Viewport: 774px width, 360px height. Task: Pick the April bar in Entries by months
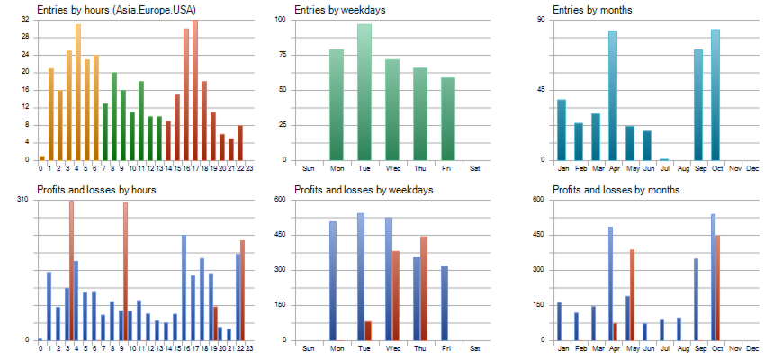point(613,95)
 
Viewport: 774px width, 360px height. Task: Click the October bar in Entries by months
point(715,94)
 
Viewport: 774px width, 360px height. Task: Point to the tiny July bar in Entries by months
point(664,159)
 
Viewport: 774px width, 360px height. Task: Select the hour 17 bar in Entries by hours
point(195,90)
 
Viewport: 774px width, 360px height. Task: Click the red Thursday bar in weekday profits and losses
point(424,288)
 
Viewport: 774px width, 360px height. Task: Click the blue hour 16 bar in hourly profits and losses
point(184,288)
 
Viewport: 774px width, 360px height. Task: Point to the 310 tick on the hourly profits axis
point(23,199)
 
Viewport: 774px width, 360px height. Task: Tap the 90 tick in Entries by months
point(543,19)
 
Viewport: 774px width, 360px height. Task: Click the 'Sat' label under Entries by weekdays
point(475,168)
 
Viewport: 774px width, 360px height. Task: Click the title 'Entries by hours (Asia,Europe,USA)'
point(116,10)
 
